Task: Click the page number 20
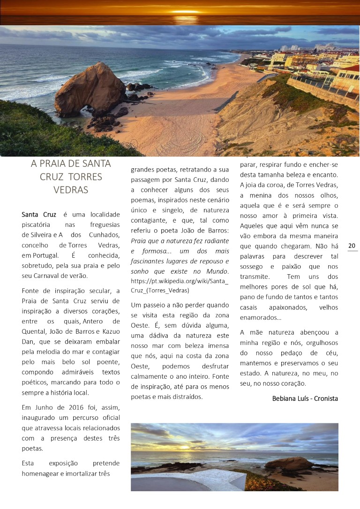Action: [352, 246]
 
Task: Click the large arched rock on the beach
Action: [89, 90]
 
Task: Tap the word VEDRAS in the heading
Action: [71, 190]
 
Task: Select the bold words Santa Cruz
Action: [39, 215]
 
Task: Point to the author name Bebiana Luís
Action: [291, 398]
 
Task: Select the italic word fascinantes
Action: [152, 261]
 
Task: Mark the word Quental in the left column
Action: [34, 331]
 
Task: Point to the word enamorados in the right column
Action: [260, 318]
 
